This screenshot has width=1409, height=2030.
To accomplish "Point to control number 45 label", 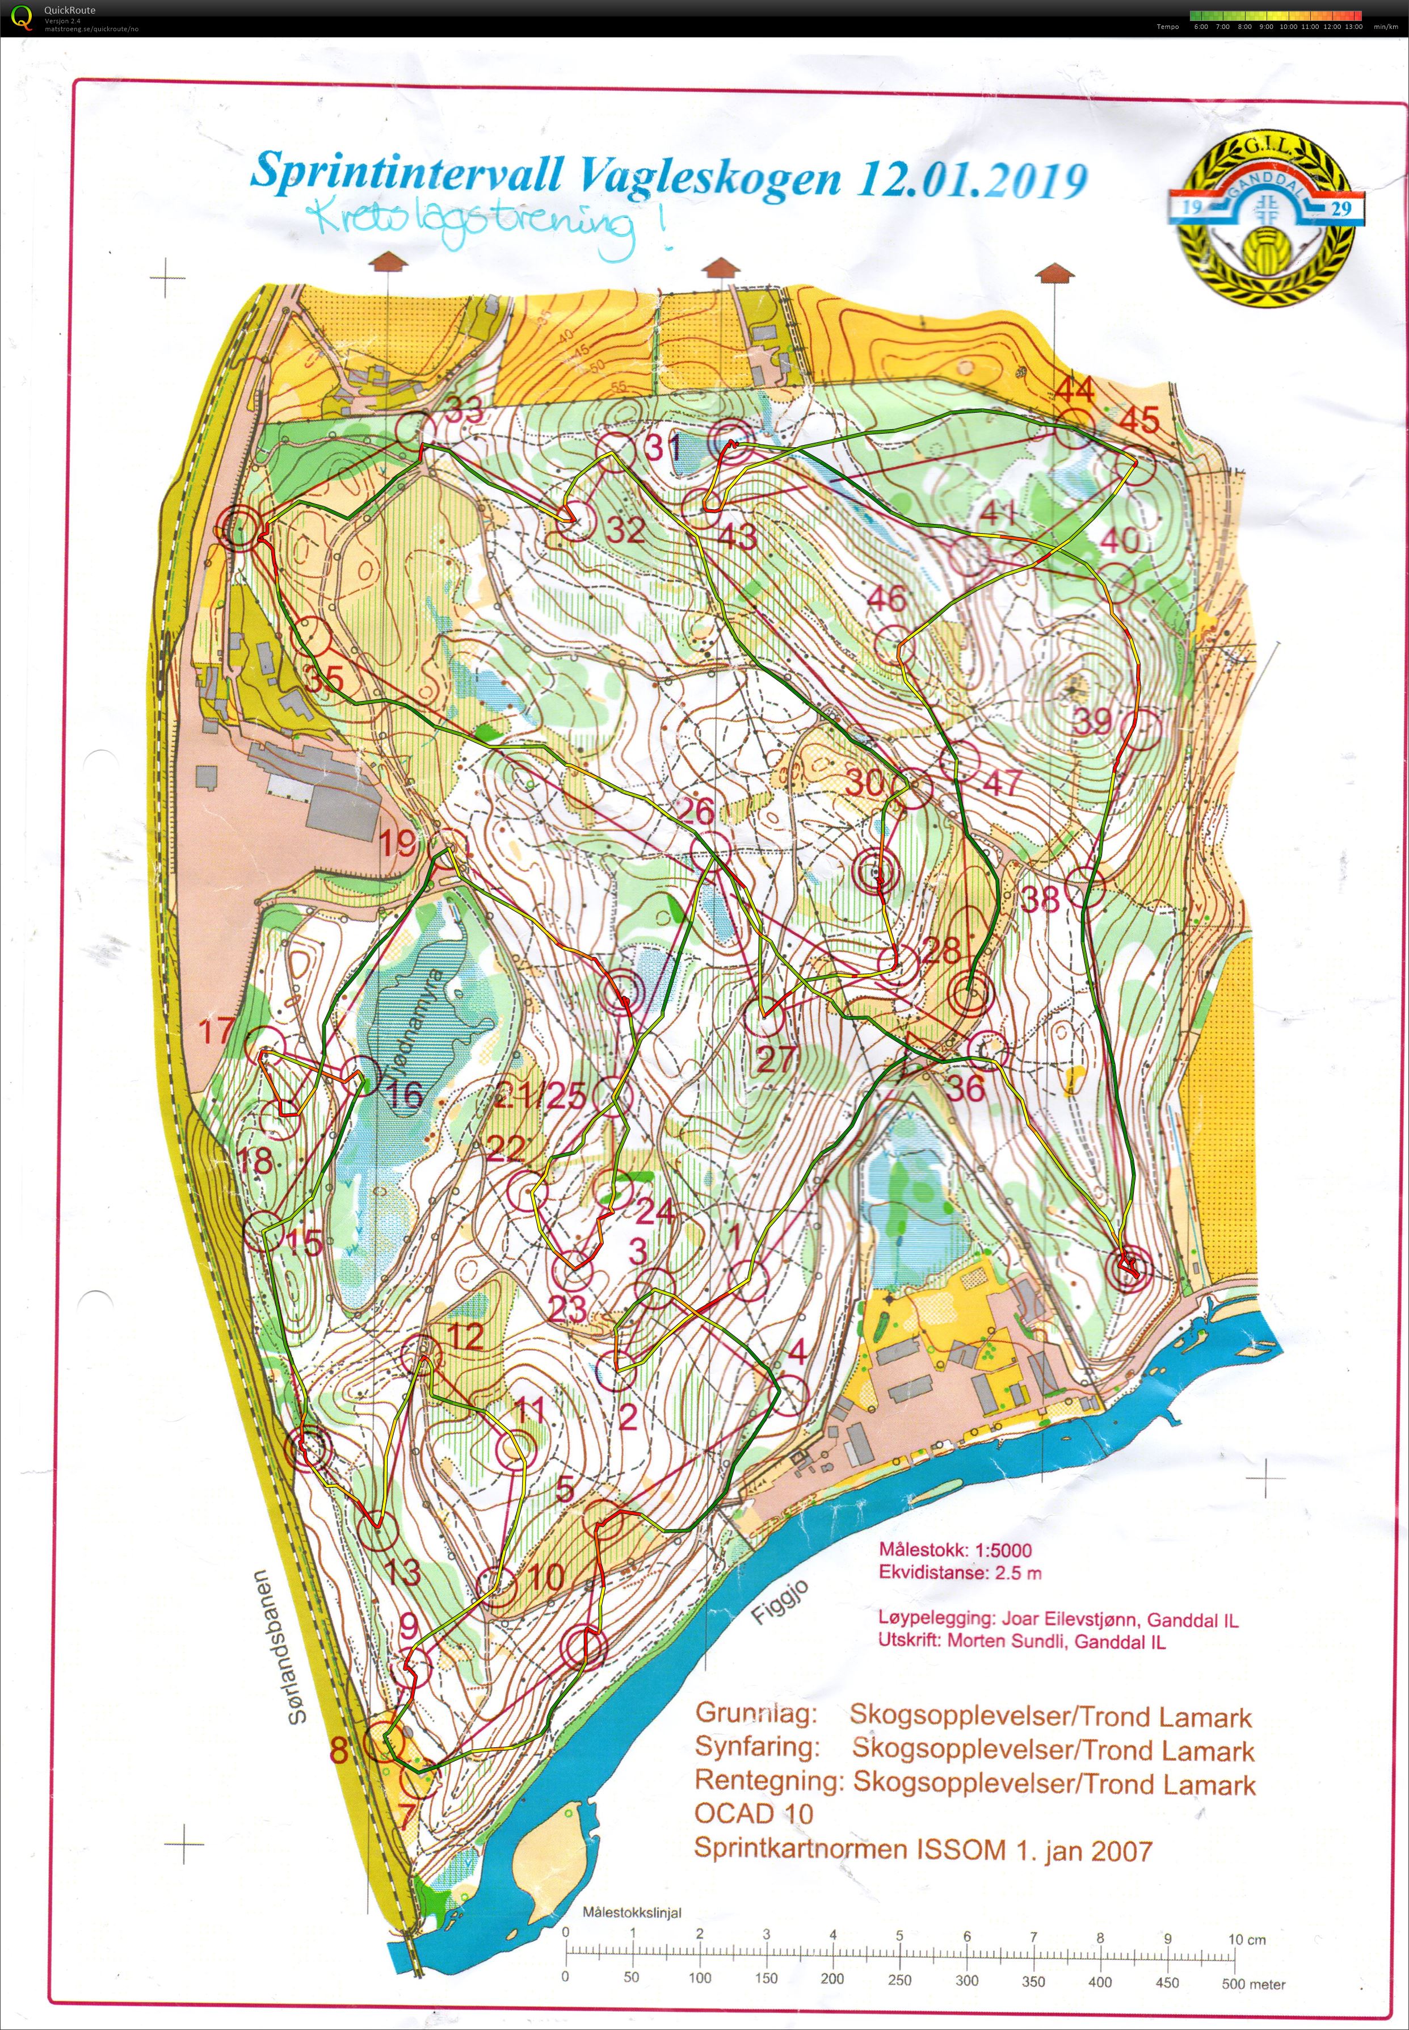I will (1139, 420).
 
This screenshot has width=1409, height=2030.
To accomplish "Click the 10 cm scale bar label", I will (1247, 1940).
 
